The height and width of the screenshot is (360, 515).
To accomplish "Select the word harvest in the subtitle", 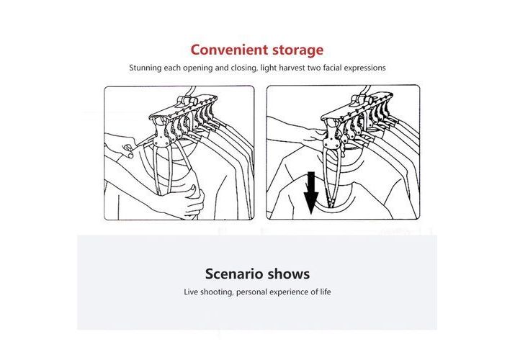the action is (292, 68).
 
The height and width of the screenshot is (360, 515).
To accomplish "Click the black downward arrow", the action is (311, 193).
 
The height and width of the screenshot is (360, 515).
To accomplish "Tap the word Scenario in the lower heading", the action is (234, 274).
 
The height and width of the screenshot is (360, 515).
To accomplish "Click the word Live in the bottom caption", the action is (191, 292).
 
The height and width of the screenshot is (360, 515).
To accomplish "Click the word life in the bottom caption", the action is (326, 292).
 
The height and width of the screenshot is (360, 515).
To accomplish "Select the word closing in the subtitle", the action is (244, 68).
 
